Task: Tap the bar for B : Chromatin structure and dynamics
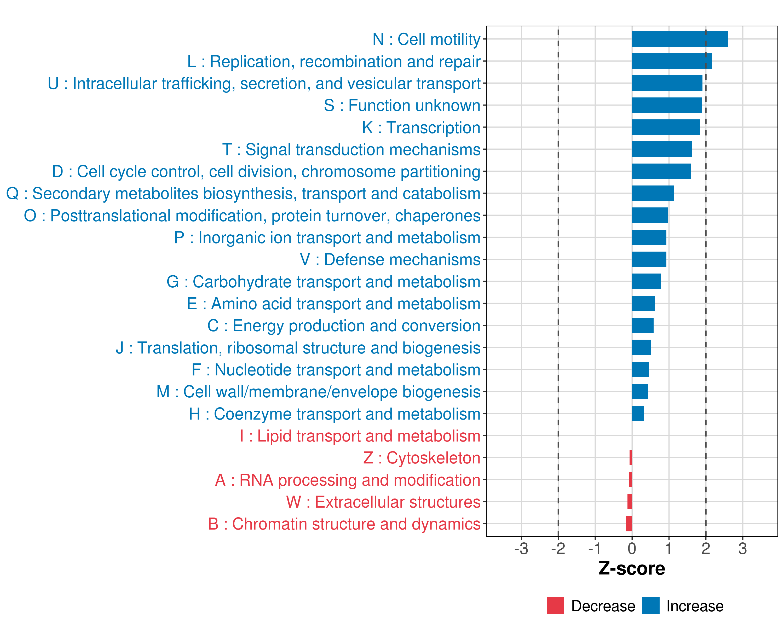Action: click(x=629, y=524)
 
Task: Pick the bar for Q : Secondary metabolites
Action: click(x=653, y=193)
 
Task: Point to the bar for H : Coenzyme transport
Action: click(x=638, y=414)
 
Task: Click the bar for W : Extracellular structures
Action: click(x=630, y=502)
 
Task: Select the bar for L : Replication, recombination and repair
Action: click(x=672, y=61)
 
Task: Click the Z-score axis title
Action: click(x=632, y=568)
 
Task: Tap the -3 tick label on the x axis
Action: click(x=521, y=548)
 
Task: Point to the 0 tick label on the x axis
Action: click(x=632, y=548)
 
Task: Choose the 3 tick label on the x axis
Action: click(x=742, y=548)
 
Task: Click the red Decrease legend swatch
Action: click(x=555, y=606)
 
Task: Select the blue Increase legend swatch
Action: click(x=650, y=606)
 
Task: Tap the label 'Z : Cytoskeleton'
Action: click(x=422, y=458)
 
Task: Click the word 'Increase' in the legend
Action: click(x=695, y=606)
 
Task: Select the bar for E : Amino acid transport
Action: click(x=643, y=304)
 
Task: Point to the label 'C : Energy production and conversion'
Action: click(x=344, y=326)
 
